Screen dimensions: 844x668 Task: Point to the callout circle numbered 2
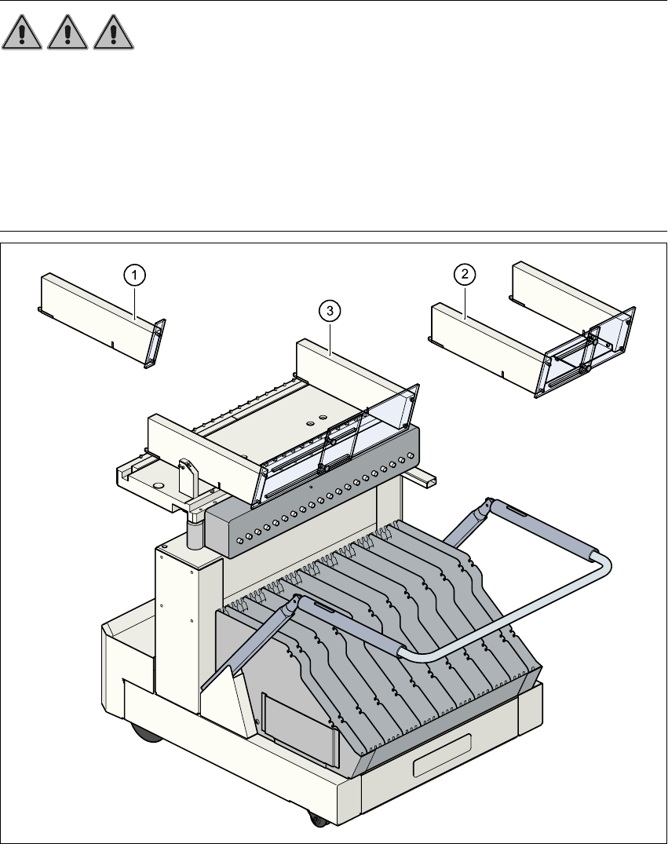click(x=465, y=274)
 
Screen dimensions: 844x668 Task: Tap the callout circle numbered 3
click(x=330, y=312)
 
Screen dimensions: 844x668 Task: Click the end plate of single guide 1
click(x=155, y=343)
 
